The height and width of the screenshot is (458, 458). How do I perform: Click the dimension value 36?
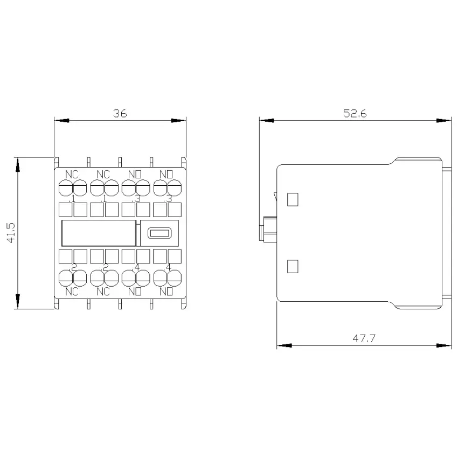click(x=120, y=113)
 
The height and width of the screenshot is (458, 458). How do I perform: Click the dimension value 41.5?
click(x=11, y=233)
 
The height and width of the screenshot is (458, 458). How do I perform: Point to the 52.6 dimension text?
click(x=355, y=113)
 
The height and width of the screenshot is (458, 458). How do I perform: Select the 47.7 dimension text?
click(x=364, y=338)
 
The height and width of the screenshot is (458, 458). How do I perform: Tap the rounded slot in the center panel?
click(x=159, y=233)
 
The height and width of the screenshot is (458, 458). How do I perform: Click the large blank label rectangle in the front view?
click(x=99, y=233)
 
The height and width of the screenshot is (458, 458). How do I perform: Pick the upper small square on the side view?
click(x=293, y=199)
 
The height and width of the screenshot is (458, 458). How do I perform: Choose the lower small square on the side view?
click(x=293, y=266)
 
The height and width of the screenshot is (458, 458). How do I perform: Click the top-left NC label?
click(x=72, y=175)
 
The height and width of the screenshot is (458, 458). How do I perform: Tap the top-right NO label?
click(x=166, y=175)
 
